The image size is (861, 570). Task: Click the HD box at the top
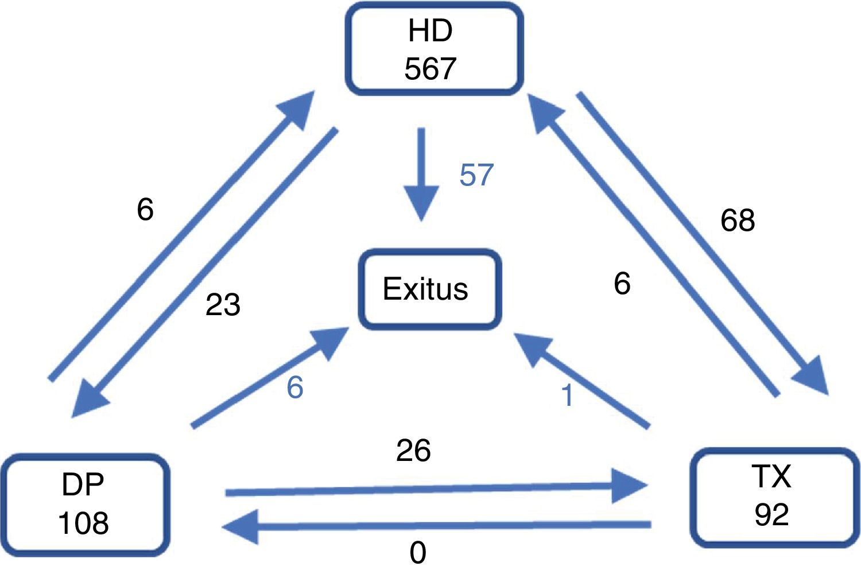pyautogui.click(x=433, y=49)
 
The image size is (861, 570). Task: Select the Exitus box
pyautogui.click(x=429, y=289)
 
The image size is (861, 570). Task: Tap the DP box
pyautogui.click(x=84, y=504)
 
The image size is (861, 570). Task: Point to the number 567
pyautogui.click(x=430, y=69)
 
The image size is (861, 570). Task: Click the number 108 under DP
pyautogui.click(x=83, y=524)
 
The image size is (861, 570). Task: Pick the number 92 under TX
pyautogui.click(x=771, y=515)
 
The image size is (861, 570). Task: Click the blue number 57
pyautogui.click(x=476, y=175)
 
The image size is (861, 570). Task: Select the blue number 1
pyautogui.click(x=567, y=395)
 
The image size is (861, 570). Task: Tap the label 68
pyautogui.click(x=738, y=220)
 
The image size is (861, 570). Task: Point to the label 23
pyautogui.click(x=223, y=305)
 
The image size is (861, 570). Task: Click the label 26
pyautogui.click(x=413, y=451)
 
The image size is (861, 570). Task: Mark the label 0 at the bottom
pyautogui.click(x=418, y=553)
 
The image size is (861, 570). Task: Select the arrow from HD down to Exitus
pyautogui.click(x=421, y=172)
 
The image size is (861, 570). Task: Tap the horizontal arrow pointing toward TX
pyautogui.click(x=436, y=489)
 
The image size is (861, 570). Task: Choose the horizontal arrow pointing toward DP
pyautogui.click(x=436, y=525)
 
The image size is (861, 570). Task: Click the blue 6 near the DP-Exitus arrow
pyautogui.click(x=295, y=387)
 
